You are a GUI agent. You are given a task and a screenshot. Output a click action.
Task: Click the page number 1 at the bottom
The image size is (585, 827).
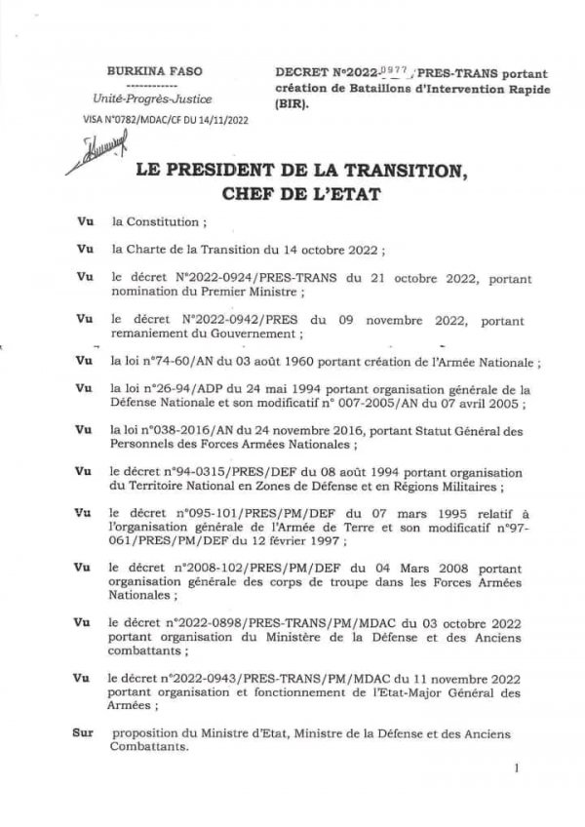click(517, 769)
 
